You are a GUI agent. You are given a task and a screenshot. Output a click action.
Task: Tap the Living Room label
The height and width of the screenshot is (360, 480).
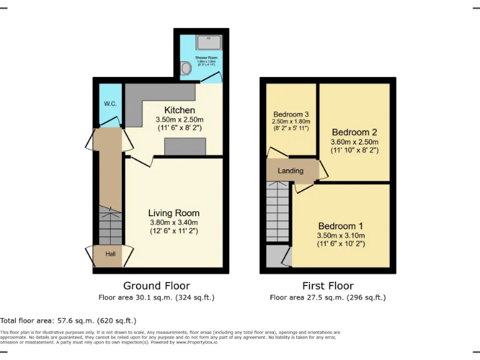[174, 213]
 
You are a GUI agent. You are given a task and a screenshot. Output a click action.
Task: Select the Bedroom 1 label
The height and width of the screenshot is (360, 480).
[341, 226]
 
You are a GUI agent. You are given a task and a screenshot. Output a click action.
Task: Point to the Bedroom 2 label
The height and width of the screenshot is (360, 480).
[354, 132]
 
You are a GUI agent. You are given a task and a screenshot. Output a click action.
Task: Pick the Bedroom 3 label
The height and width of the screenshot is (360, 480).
[291, 114]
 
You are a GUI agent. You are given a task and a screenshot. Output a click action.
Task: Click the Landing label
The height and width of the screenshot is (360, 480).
[291, 171]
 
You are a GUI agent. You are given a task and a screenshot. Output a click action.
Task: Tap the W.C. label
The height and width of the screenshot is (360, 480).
[111, 104]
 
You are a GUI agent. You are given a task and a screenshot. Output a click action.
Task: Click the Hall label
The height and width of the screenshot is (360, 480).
[111, 254]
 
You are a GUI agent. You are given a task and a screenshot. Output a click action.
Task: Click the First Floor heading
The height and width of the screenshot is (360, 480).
[327, 286]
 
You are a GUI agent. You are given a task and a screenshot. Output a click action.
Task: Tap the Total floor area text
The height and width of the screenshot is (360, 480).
[68, 320]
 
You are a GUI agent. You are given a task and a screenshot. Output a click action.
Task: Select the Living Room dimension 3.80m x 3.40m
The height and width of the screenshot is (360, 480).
[174, 222]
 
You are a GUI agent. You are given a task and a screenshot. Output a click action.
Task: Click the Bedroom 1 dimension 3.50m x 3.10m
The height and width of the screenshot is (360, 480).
[341, 236]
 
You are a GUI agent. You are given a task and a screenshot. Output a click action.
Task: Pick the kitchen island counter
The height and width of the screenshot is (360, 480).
[185, 146]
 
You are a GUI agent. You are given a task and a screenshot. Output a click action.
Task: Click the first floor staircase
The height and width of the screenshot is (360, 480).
[278, 212]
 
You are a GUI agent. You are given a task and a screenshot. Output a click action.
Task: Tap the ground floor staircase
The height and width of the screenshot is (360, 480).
[111, 227]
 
